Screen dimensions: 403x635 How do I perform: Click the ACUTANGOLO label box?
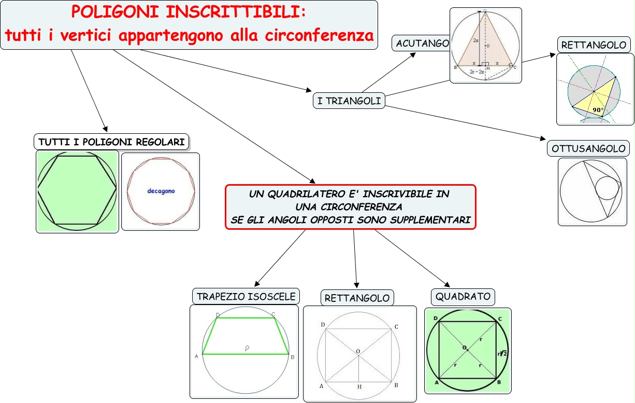click(422, 44)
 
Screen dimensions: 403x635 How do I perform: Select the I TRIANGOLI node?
click(349, 101)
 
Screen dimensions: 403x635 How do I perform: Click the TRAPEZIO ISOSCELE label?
click(246, 296)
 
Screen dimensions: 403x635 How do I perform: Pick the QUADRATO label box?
click(463, 297)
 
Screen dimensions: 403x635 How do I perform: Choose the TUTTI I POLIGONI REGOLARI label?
click(111, 142)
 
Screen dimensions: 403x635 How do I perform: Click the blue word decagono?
click(161, 191)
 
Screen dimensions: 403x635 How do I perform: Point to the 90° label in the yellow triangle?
click(598, 110)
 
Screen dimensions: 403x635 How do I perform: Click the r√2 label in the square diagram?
click(502, 353)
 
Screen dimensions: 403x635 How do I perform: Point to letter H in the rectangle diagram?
click(358, 387)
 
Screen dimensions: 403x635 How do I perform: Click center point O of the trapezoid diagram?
click(247, 348)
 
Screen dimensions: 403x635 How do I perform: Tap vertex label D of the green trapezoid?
click(217, 315)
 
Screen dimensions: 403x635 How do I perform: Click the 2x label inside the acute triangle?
click(475, 40)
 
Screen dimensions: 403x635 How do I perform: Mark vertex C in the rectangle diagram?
click(396, 326)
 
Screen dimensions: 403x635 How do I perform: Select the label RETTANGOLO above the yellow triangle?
click(594, 45)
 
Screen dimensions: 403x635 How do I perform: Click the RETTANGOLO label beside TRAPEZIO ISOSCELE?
click(357, 298)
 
